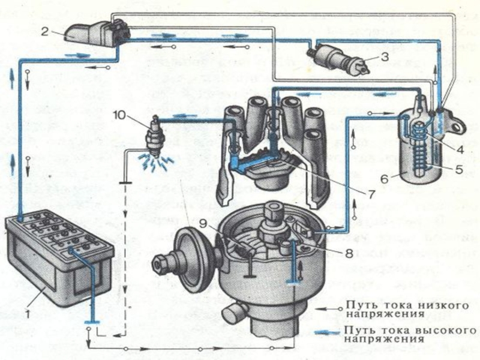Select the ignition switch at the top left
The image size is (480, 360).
(x=99, y=33)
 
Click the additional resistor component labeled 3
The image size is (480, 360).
(x=333, y=57)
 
